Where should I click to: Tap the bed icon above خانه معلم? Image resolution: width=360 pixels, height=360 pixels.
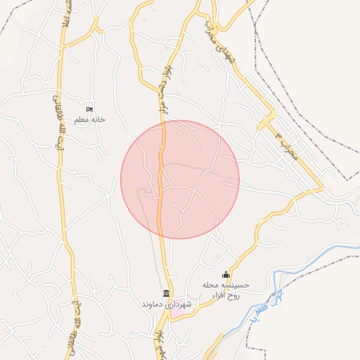pos(89,109)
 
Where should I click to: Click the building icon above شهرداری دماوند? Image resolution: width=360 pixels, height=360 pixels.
pos(166,293)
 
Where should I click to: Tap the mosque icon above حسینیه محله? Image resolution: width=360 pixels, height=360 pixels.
pos(226,274)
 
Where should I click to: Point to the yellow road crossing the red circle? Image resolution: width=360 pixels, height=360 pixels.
pos(161,197)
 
